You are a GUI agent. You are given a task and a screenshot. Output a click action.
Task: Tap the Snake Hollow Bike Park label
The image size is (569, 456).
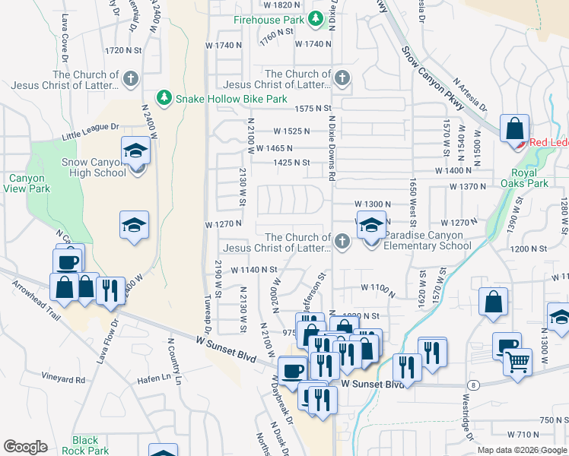pos(232,99)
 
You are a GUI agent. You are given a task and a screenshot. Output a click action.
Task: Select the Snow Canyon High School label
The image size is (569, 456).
pos(93,167)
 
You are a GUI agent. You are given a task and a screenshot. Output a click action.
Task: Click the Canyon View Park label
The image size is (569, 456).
pos(27,183)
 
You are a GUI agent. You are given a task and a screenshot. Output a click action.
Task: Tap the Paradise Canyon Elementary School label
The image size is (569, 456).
pos(427,240)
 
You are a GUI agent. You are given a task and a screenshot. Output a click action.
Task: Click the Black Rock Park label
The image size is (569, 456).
pos(85,445)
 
